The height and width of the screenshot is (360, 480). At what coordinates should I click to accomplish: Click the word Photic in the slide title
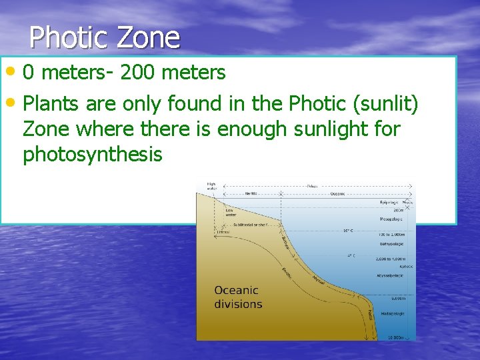click(x=70, y=37)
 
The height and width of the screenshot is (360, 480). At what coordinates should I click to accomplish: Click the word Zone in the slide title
click(x=148, y=37)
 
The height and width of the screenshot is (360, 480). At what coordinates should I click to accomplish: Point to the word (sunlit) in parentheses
click(x=395, y=104)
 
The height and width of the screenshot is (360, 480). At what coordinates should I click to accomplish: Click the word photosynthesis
click(x=93, y=154)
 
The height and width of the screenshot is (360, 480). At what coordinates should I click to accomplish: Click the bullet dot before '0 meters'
click(x=13, y=71)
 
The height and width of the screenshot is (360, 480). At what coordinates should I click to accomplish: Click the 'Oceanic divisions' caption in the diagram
click(x=237, y=297)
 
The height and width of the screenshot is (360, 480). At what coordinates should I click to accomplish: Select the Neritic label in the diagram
click(x=251, y=193)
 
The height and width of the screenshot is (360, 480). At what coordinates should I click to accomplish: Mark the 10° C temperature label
click(x=348, y=231)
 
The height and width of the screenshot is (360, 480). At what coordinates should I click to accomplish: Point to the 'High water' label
click(x=211, y=186)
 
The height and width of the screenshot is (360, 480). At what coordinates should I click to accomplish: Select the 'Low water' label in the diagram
click(x=230, y=213)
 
